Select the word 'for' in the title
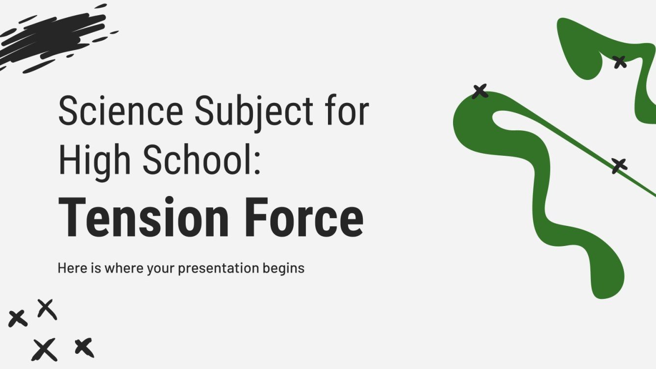coord(346,111)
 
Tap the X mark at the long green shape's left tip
coord(480,91)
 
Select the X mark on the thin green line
coord(619,166)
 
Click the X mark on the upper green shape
coord(619,62)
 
